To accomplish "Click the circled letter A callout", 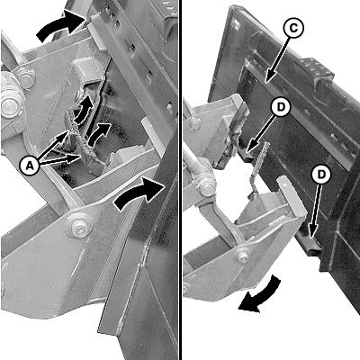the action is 30,166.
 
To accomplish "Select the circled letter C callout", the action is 293,28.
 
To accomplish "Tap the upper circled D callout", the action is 280,107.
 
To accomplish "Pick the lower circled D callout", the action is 321,175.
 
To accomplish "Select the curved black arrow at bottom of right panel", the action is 260,296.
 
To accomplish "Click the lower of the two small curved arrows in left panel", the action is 99,133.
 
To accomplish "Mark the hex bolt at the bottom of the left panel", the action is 77,227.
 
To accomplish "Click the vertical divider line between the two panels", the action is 181,180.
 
